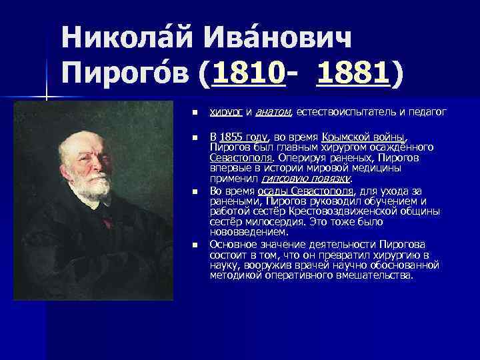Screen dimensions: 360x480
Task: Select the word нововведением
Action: tap(249, 232)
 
